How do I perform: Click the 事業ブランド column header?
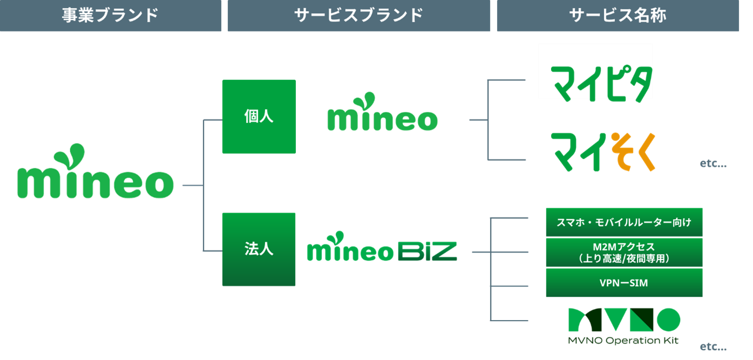[x=110, y=16]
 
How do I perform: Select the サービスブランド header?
[x=358, y=16]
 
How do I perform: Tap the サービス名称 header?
[x=618, y=16]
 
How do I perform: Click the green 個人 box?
[x=259, y=117]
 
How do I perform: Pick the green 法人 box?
[x=259, y=249]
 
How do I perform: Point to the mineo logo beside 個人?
[x=382, y=113]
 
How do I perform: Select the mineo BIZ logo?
[x=382, y=248]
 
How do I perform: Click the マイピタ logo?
[x=595, y=81]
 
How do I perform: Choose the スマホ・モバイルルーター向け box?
[x=624, y=222]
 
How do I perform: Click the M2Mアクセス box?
[x=624, y=253]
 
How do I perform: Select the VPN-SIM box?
[x=624, y=283]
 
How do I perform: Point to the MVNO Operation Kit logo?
[x=624, y=325]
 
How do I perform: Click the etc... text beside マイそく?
[x=713, y=164]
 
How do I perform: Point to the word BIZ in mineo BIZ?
[x=427, y=252]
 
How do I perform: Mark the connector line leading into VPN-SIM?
[x=510, y=286]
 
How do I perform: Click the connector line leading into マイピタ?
[x=507, y=80]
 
